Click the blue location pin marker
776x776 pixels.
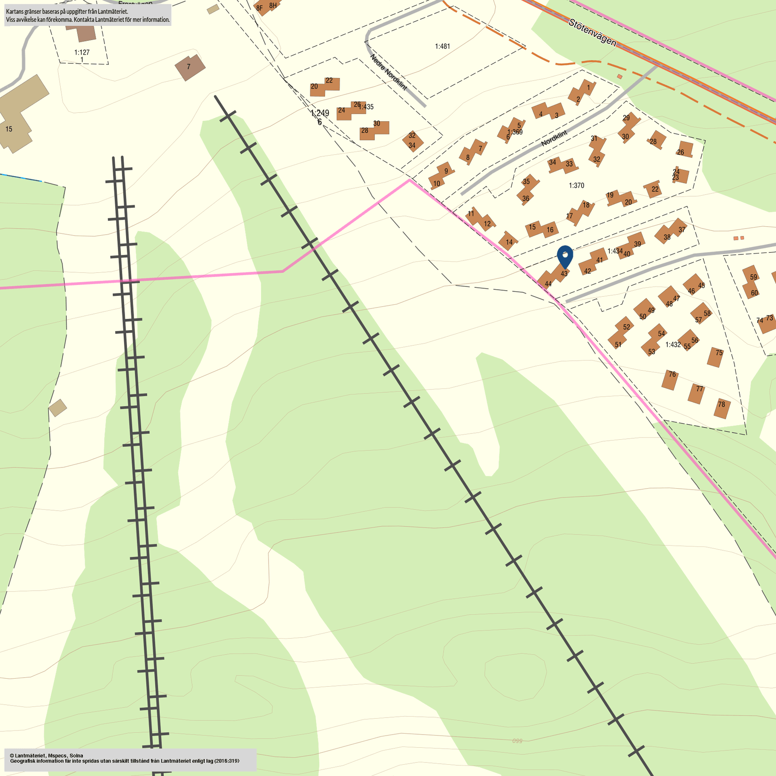click(565, 256)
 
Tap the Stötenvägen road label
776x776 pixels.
click(592, 32)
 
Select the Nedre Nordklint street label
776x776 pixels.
click(388, 72)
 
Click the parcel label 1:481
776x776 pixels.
click(442, 46)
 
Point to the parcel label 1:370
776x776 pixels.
click(576, 185)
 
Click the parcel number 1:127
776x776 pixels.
click(82, 52)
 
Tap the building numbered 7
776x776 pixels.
click(190, 67)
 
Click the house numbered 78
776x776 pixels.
click(722, 407)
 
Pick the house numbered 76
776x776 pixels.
click(670, 379)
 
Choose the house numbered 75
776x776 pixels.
click(716, 356)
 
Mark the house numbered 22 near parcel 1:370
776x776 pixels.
click(653, 189)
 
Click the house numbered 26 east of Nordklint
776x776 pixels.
click(684, 150)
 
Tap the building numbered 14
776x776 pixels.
click(509, 241)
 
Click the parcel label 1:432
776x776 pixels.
click(673, 344)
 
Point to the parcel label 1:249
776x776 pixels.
click(320, 113)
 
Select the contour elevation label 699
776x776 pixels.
click(517, 741)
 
